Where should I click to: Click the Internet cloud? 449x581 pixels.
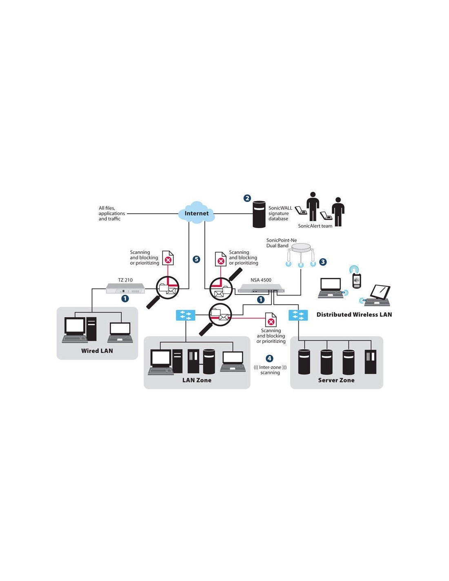[197, 213]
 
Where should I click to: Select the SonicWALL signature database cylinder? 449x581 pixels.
[259, 214]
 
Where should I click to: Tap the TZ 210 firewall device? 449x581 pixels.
[125, 288]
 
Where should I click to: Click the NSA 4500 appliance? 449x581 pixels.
[261, 290]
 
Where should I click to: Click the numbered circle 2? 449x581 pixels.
[247, 198]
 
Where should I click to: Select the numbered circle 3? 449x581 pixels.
[323, 262]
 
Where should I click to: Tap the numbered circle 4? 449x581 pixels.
[269, 358]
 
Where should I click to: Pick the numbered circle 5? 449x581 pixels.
[196, 259]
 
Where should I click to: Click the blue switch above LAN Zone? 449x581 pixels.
[185, 315]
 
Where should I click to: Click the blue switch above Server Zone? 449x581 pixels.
[298, 315]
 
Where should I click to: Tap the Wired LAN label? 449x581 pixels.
[97, 351]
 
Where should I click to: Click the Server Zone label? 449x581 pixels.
[336, 380]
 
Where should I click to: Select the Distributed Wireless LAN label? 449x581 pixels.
[354, 315]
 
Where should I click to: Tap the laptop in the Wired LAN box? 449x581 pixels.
[120, 332]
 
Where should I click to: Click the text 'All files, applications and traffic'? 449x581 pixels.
[111, 213]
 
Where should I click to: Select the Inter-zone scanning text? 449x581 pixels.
[270, 370]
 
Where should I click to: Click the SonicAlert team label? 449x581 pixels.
[315, 226]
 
